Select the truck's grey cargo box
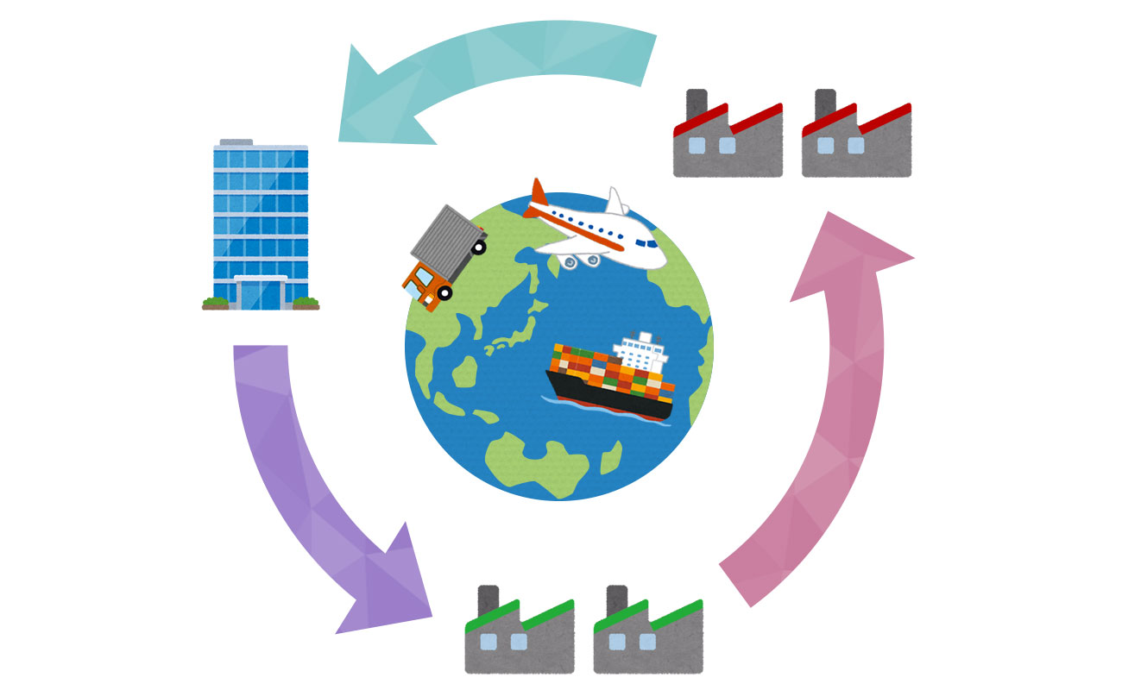[x=444, y=237]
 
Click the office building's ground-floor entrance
[x=261, y=293]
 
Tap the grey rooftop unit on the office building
[x=236, y=142]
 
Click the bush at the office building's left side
[x=216, y=302]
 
